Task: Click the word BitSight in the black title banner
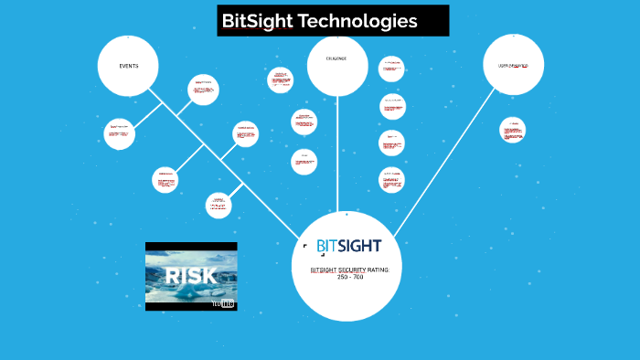tap(258, 21)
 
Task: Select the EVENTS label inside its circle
tap(128, 66)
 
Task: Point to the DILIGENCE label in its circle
tap(337, 59)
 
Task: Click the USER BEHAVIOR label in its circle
tap(513, 66)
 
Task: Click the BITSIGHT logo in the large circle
tap(348, 246)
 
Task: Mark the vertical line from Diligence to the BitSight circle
tap(337, 155)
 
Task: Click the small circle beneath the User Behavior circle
tap(513, 130)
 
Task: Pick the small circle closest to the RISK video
tap(219, 204)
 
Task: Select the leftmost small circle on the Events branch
tap(119, 133)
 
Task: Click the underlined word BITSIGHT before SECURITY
tap(325, 270)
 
